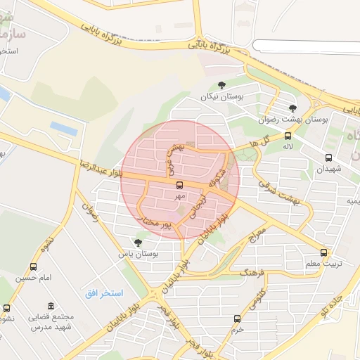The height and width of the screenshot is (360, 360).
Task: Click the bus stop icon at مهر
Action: coord(179,186)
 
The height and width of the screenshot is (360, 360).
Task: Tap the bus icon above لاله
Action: coord(288,136)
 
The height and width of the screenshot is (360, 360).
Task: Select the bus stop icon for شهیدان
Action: coord(328,157)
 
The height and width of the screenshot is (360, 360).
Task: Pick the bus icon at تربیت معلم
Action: coord(324,252)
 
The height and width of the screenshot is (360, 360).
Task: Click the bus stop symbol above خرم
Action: coord(237,319)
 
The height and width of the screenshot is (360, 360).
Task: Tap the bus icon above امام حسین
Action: coord(34,267)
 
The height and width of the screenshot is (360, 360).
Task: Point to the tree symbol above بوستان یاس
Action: coord(137,242)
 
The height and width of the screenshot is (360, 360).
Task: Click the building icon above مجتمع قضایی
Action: coord(51,306)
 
